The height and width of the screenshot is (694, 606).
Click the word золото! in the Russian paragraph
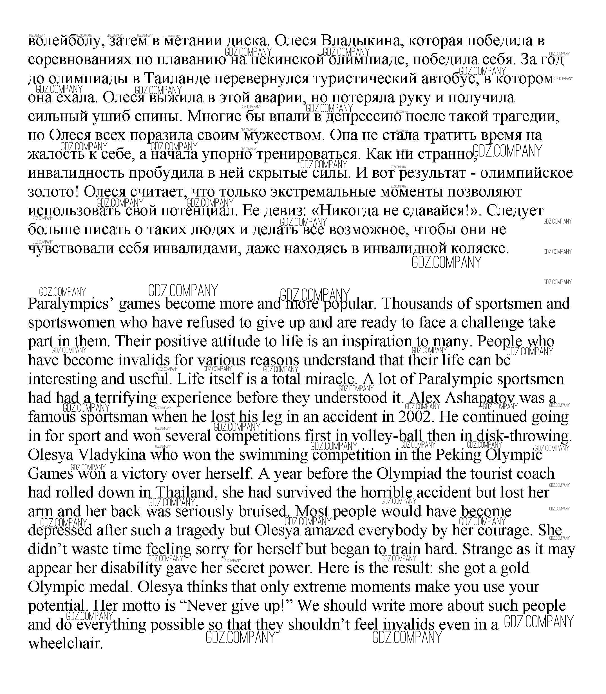(x=53, y=192)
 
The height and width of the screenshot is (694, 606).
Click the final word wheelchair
(x=65, y=644)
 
